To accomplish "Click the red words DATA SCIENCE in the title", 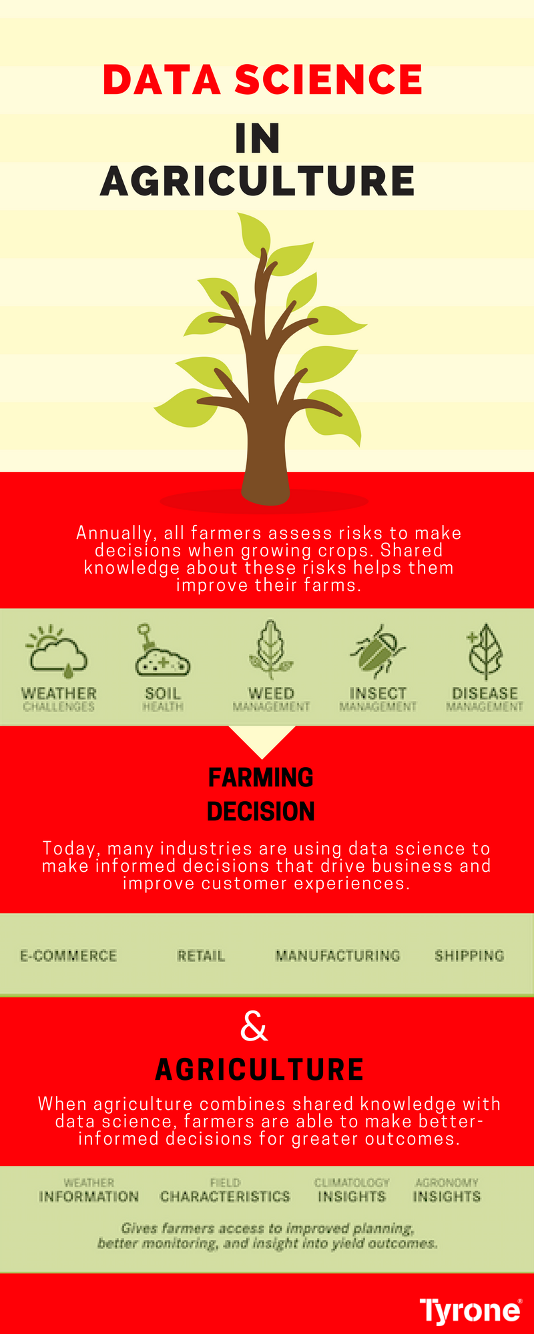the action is [263, 80].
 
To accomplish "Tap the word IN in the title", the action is [258, 139].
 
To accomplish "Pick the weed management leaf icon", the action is [270, 650].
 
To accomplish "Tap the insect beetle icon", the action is [377, 651].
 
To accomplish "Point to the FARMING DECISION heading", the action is [261, 794].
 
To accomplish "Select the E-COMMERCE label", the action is [68, 956].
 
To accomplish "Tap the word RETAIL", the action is [201, 956].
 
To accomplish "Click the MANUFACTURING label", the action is [338, 956].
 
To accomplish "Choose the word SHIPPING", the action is [469, 956].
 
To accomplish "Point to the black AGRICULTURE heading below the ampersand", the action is [260, 1070].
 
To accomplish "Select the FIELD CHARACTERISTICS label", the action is [225, 1191].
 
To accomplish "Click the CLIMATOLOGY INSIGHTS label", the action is [352, 1191].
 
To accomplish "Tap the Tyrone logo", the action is [471, 1310].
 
